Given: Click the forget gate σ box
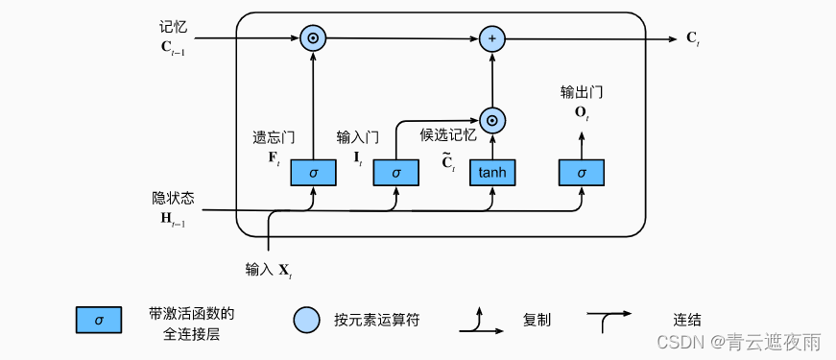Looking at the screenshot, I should [x=313, y=173].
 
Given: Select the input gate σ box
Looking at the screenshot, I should [x=396, y=173].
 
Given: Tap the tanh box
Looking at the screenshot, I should [x=491, y=173].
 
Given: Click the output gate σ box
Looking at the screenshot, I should [x=582, y=173].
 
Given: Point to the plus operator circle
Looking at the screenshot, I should [x=491, y=39].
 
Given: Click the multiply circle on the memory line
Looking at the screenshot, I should [x=313, y=39].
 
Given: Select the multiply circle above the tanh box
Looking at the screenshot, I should [x=491, y=120].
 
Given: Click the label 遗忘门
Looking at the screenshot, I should [x=273, y=137].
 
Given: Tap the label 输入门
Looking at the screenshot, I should [x=357, y=137].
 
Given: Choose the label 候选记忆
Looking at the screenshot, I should [x=448, y=135].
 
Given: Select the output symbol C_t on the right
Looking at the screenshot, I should [x=693, y=39].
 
